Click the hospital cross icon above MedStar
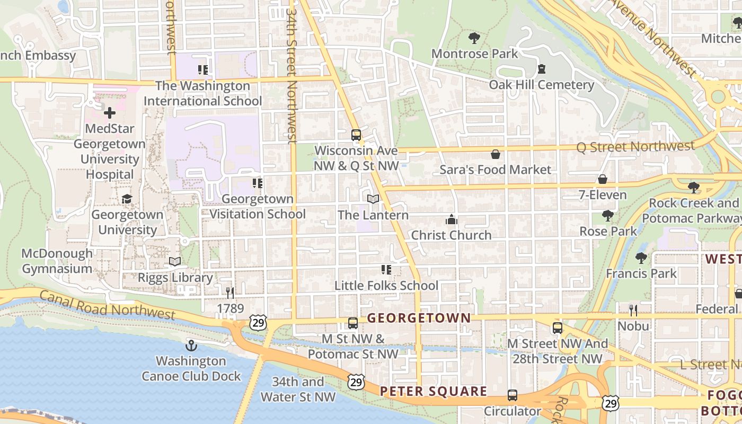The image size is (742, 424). coord(110,113)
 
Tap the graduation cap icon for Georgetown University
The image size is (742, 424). coord(127,199)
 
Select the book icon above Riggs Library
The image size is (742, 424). coord(175,261)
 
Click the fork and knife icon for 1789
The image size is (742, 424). coord(230,293)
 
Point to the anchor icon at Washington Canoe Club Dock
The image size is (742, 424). coord(191,346)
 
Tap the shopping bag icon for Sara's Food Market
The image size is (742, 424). coord(496,154)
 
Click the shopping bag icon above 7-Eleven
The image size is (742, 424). coord(603,179)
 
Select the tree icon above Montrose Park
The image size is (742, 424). coord(474,38)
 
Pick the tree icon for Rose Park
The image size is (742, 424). coord(608,215)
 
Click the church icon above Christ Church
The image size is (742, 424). coord(451,219)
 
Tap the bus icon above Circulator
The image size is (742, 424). coord(513,395)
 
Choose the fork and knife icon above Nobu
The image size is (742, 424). coord(633,310)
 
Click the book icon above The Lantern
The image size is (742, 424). coord(373,199)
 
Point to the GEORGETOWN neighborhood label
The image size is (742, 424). coord(419,318)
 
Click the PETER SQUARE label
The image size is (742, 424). coord(434,391)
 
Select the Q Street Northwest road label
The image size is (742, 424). coord(635,147)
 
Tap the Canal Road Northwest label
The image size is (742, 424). coord(107,305)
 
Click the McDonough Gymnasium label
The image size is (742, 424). coord(57,261)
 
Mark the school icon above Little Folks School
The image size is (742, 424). coord(386,270)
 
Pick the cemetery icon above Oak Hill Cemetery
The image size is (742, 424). coord(541,69)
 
